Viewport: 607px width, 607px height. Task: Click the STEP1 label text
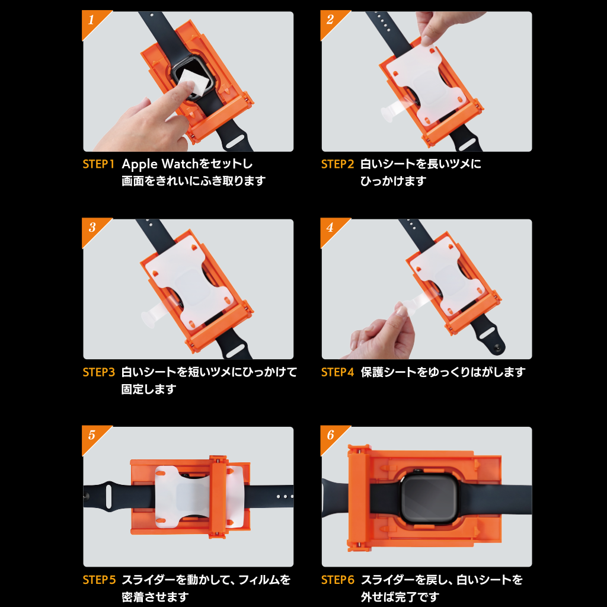[98, 164]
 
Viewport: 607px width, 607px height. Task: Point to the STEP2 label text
[337, 164]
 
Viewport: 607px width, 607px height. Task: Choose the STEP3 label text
[98, 372]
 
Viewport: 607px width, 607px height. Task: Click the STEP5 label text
[98, 580]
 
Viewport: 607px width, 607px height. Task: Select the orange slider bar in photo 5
[218, 495]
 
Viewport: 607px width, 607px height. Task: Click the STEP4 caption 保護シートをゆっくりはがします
[443, 372]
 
